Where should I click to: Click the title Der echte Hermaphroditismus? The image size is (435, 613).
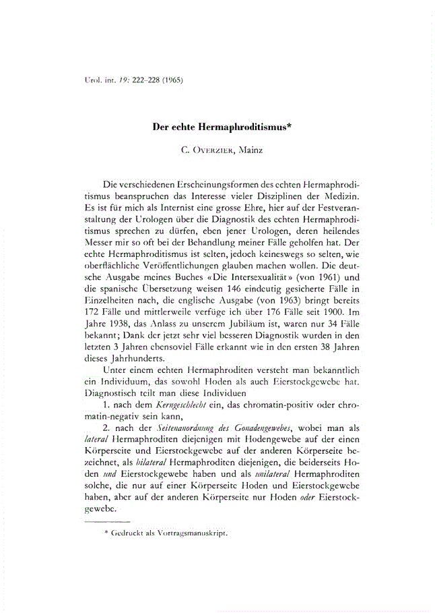217,126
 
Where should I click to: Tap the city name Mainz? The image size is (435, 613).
248,149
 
